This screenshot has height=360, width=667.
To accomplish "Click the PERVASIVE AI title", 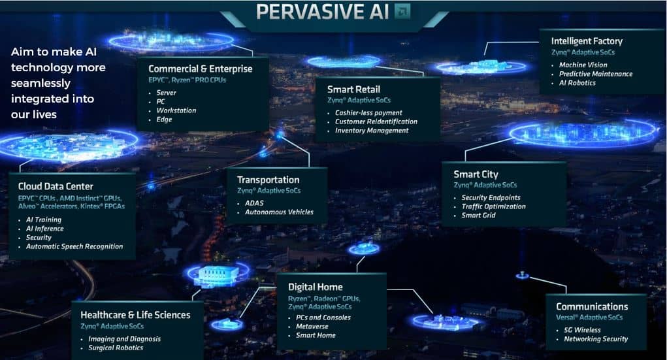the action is click(x=322, y=12).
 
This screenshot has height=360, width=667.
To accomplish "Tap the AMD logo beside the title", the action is click(x=402, y=11).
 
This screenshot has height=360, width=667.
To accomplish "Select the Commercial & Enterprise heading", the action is click(x=201, y=69).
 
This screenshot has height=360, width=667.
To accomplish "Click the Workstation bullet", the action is click(x=176, y=110).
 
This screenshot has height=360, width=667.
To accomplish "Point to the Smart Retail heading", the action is click(x=353, y=90).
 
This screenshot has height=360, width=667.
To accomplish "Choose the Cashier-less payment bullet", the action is click(x=368, y=113).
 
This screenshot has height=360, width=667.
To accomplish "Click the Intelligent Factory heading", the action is click(x=587, y=41).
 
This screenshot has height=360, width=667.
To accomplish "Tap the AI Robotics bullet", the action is click(x=578, y=83).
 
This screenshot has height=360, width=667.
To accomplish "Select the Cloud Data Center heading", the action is click(x=56, y=186).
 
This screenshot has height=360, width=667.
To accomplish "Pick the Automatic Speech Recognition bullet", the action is click(x=74, y=246).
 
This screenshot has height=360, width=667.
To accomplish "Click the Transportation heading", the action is click(x=268, y=180).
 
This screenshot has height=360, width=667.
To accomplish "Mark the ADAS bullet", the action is click(x=254, y=203).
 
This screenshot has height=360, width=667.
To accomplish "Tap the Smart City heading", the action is click(x=476, y=174).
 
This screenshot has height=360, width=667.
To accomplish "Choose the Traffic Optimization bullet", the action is click(x=493, y=206).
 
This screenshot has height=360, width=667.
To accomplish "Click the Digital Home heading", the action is click(x=316, y=287).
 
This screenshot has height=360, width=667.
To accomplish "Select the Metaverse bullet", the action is click(x=312, y=327).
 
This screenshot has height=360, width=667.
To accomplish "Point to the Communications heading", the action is click(x=592, y=307).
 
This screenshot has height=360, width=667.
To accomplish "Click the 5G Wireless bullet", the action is click(x=582, y=330).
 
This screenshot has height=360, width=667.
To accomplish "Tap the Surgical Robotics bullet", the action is click(x=116, y=348).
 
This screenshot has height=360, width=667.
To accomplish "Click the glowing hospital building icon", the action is click(x=218, y=275).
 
